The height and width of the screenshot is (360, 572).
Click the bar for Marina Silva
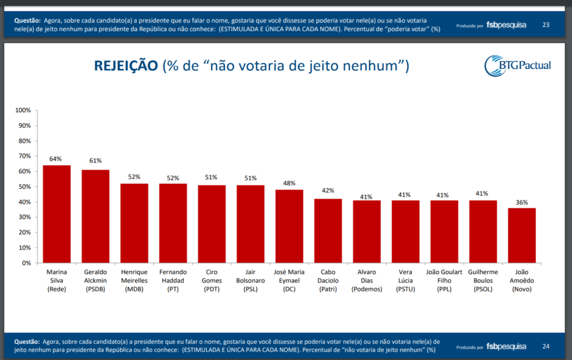tap(57, 214)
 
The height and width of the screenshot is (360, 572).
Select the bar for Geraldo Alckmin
tap(96, 216)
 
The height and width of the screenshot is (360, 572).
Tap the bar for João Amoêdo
tap(522, 235)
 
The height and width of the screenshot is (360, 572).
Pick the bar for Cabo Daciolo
tap(328, 231)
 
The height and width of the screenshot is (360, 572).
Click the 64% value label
tap(56, 159)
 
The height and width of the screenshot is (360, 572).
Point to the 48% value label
tap(289, 183)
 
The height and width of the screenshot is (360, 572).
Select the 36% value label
tap(522, 201)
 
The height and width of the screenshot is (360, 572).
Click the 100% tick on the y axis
tap(23, 111)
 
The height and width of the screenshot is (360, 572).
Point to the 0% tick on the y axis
tap(26, 263)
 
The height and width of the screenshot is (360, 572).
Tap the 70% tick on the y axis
tap(25, 156)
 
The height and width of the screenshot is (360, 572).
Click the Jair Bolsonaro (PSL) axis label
tap(250, 280)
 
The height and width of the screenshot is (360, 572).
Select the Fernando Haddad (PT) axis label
tap(173, 280)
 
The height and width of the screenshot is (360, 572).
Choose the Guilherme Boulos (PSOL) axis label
tap(482, 280)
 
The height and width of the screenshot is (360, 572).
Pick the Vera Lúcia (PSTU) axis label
tap(405, 280)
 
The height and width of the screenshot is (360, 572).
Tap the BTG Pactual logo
tap(518, 65)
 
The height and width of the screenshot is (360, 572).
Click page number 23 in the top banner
tap(546, 25)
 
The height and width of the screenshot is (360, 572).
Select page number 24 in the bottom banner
tap(546, 346)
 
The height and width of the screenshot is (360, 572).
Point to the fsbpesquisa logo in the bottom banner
tap(506, 346)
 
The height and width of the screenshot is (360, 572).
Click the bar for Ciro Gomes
tap(212, 224)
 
